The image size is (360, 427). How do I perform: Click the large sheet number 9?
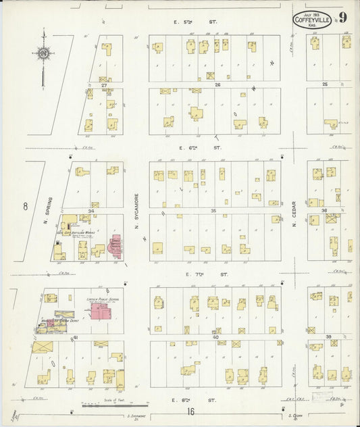343,18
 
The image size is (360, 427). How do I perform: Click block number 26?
218,85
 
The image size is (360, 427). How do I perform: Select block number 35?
213,211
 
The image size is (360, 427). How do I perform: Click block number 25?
324,84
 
